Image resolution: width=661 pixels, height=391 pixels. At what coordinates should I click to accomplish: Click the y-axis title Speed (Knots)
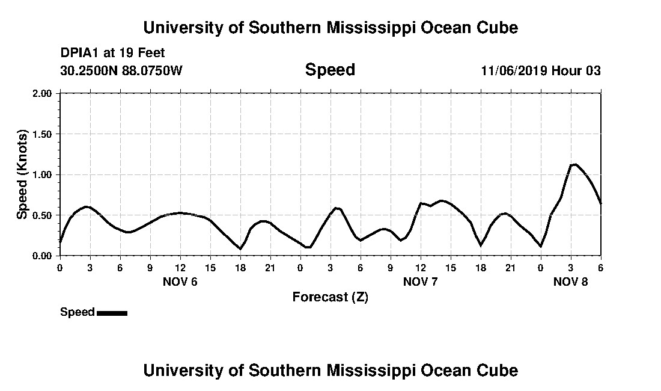22,174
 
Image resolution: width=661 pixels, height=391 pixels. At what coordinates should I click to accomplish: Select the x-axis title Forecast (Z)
330,297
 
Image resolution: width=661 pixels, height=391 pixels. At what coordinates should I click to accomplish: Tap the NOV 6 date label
180,282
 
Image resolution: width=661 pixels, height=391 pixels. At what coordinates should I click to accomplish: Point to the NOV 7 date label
421,282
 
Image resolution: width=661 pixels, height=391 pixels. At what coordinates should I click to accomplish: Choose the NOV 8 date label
571,282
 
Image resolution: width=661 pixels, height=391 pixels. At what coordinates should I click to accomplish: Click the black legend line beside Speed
112,313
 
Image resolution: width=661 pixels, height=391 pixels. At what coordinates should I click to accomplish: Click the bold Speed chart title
330,70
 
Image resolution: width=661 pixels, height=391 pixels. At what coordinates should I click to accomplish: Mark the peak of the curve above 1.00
575,164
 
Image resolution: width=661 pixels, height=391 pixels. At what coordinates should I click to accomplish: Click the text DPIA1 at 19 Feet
112,54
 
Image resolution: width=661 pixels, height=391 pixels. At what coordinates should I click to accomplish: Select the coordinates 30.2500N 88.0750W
121,71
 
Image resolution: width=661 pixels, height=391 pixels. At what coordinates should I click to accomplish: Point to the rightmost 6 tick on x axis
600,267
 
